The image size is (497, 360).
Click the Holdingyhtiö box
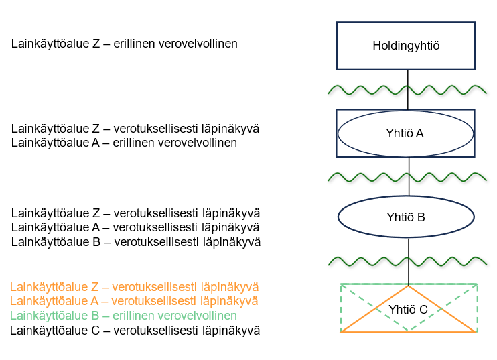pyautogui.click(x=407, y=45)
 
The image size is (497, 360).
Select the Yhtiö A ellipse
pyautogui.click(x=406, y=133)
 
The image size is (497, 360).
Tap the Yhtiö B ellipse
pyautogui.click(x=406, y=217)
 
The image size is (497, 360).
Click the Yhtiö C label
pyautogui.click(x=408, y=309)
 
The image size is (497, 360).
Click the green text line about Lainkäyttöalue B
pyautogui.click(x=123, y=316)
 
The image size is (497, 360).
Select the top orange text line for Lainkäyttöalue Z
pyautogui.click(x=134, y=286)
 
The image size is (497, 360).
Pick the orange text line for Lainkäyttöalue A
pyautogui.click(x=134, y=301)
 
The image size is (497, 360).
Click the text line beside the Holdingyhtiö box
pyautogui.click(x=124, y=44)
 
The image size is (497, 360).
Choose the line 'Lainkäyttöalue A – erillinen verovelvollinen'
pyautogui.click(x=124, y=143)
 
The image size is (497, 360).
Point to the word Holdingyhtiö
pyautogui.click(x=407, y=46)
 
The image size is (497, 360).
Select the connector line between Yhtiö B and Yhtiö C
pyautogui.click(x=408, y=272)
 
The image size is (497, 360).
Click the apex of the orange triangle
pyautogui.click(x=408, y=287)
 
